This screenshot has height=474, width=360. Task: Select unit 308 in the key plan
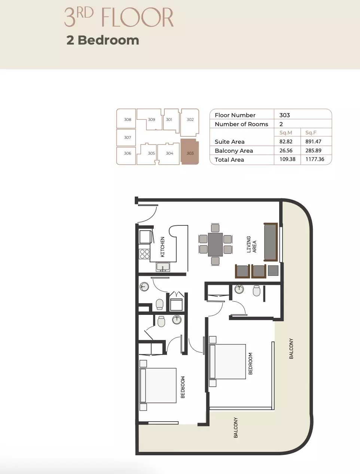coord(126,119)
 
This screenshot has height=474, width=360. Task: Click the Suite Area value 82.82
coord(286,142)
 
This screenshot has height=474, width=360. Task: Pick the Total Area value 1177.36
coord(315,159)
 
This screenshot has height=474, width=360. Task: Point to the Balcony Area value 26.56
coord(286,151)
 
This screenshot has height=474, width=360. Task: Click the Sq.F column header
coord(311,133)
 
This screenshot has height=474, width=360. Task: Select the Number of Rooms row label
coord(241,124)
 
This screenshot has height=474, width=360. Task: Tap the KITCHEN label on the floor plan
coord(162,247)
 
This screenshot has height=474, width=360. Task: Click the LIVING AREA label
coord(251,244)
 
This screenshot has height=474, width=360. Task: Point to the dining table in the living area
coord(215,244)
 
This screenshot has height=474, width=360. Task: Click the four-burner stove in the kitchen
coord(144,254)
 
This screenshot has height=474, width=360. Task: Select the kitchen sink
coord(163,267)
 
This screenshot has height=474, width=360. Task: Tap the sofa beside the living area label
coord(271,242)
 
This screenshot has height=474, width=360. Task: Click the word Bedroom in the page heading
coord(108,40)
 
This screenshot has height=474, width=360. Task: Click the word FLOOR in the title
coord(137,17)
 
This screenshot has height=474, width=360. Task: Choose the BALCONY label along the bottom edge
coord(236,428)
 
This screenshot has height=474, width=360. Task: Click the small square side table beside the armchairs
coord(273,271)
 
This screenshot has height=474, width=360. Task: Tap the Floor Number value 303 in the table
coord(284,115)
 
